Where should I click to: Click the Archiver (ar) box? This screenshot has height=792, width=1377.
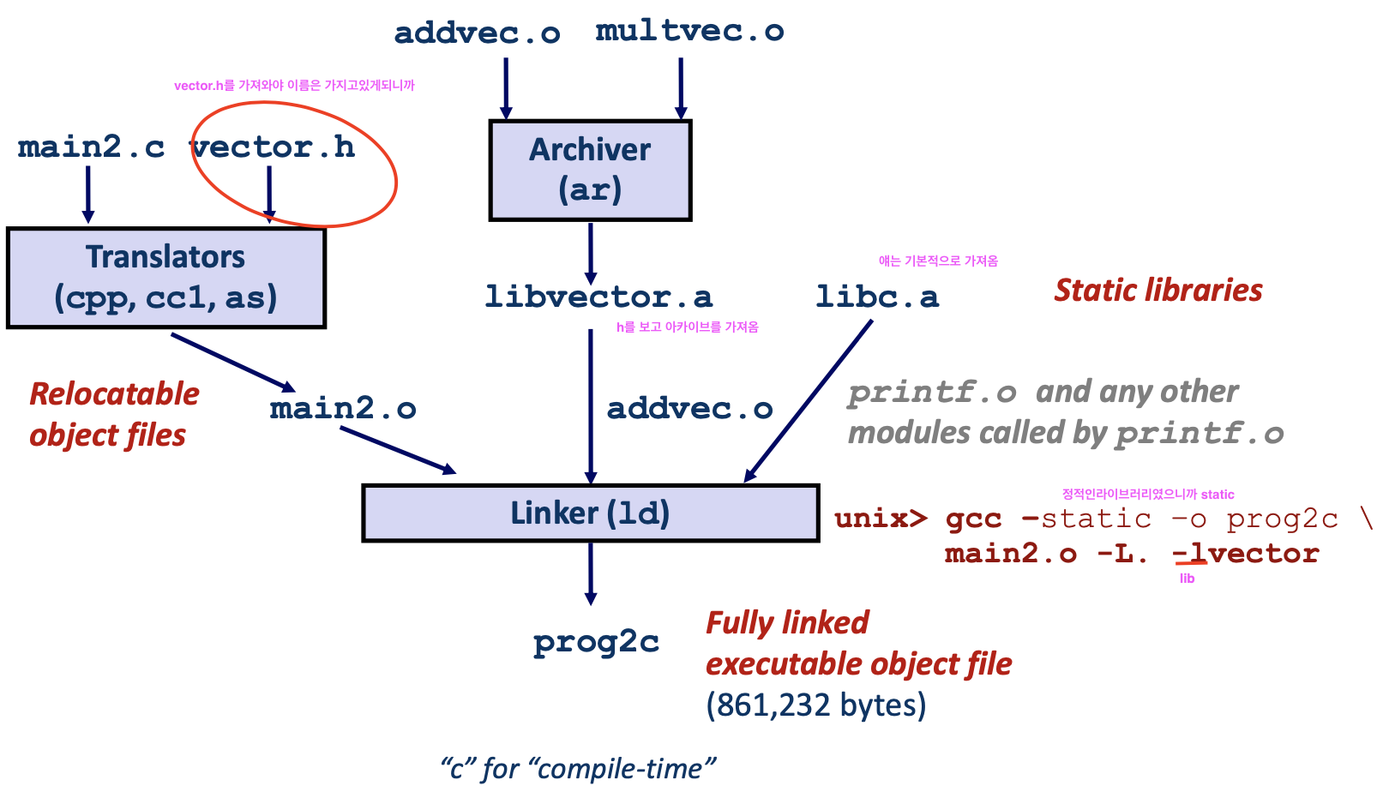click(x=590, y=170)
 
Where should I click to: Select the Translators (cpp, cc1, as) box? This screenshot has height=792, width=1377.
click(x=165, y=277)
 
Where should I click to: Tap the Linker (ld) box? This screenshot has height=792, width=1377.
click(x=590, y=513)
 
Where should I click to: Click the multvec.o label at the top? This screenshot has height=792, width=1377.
click(x=689, y=32)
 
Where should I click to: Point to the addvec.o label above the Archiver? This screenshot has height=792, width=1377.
click(x=477, y=33)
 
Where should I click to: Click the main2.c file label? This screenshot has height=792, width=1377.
click(x=91, y=147)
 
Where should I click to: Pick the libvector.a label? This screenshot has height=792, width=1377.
click(x=598, y=297)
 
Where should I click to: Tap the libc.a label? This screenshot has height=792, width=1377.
click(x=876, y=297)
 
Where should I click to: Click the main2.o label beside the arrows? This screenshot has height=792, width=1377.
click(x=343, y=408)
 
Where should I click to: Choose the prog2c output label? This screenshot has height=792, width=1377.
click(x=596, y=642)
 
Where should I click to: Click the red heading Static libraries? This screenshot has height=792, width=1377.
click(x=1158, y=290)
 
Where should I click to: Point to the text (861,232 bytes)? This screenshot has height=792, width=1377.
click(x=815, y=705)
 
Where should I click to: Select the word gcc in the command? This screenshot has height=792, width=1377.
click(x=973, y=519)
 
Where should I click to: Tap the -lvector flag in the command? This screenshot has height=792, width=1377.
click(x=1245, y=554)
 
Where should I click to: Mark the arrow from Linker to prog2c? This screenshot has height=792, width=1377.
click(x=590, y=573)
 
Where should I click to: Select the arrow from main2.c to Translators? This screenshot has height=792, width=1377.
click(x=87, y=194)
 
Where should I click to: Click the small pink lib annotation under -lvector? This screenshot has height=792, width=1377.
click(x=1187, y=579)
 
